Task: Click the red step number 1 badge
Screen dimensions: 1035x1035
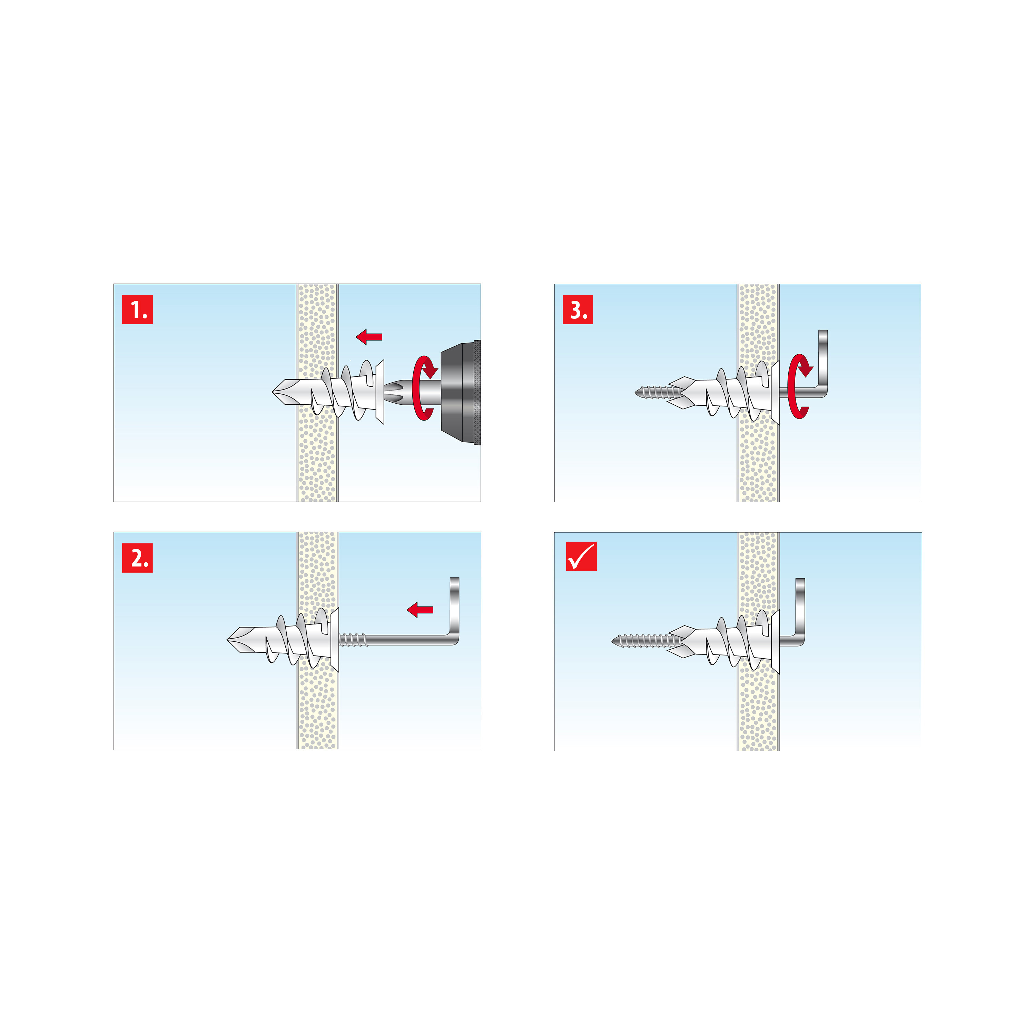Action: pos(138,310)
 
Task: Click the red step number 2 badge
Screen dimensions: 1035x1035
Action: pos(138,558)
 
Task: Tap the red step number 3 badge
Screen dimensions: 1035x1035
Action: pos(578,310)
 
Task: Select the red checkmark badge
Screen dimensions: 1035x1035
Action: pos(581,556)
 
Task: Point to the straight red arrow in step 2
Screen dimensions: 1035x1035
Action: pos(420,610)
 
